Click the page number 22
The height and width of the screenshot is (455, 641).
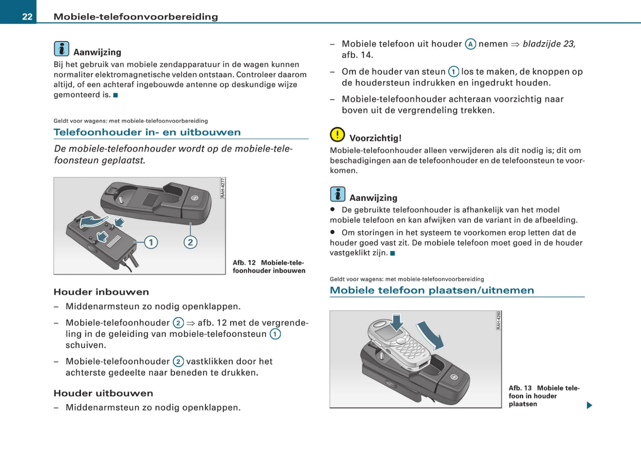27,17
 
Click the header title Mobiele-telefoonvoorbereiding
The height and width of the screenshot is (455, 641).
136,17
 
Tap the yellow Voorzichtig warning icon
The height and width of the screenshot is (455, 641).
337,134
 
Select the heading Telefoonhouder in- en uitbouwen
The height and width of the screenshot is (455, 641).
147,132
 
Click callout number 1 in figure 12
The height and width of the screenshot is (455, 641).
151,242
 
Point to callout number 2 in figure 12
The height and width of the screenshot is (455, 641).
190,242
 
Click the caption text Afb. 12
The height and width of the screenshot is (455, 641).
244,263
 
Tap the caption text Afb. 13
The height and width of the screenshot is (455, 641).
520,388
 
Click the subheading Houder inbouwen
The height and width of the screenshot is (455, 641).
101,292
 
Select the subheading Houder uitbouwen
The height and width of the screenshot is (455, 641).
103,393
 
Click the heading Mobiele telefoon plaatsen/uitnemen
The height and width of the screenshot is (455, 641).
432,290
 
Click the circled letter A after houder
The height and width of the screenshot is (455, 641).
470,44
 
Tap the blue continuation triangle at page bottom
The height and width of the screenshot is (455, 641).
589,405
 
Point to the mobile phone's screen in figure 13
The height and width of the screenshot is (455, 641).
385,332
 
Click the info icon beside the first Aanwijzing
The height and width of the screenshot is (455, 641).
61,49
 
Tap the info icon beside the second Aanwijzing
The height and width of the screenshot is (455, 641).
338,194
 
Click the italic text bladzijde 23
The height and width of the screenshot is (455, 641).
549,44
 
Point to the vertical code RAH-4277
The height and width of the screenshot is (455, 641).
223,188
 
